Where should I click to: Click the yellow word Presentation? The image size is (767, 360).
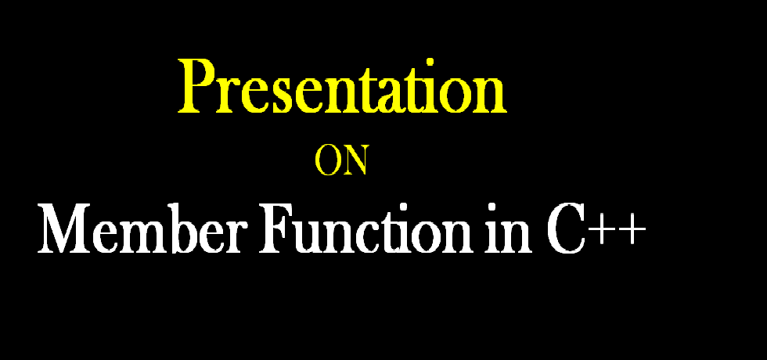pos(342,88)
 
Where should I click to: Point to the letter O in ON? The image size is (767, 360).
pos(327,160)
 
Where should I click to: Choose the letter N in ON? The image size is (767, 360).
pos(353,160)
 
